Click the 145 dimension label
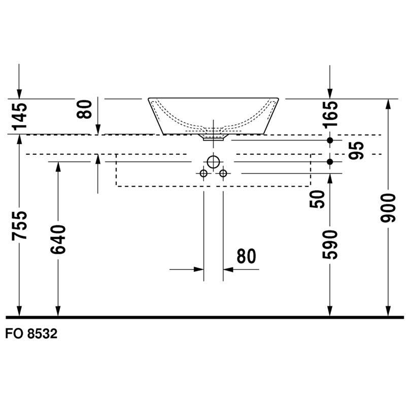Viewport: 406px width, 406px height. [20, 117]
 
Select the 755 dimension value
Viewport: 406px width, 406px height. [20, 225]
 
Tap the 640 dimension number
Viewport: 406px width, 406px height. [58, 240]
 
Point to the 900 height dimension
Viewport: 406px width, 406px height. [388, 208]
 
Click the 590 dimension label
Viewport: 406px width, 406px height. [330, 245]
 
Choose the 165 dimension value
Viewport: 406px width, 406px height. [330, 115]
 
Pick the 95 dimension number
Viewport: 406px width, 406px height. [356, 150]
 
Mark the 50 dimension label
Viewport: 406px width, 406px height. [317, 199]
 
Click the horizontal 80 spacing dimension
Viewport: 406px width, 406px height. [246, 256]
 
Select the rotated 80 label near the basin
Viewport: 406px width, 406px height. [84, 109]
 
